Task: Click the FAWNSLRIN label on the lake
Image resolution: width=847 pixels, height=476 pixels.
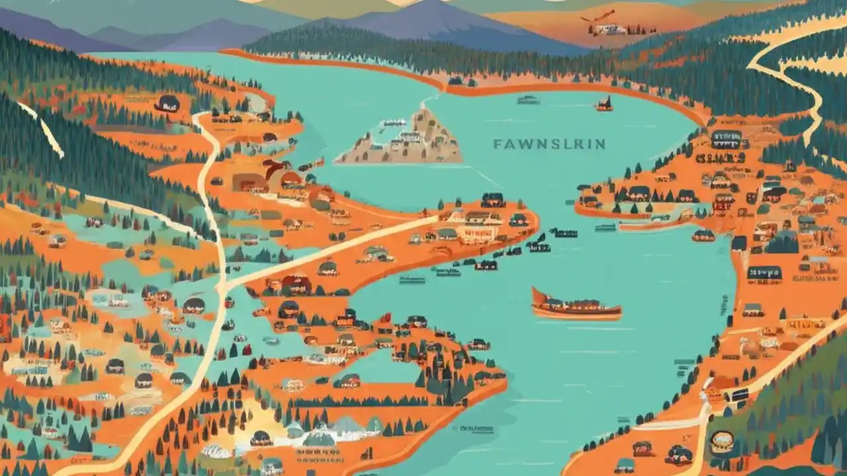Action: pos(549,144)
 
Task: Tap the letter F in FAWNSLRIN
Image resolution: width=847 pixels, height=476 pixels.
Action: pos(497,144)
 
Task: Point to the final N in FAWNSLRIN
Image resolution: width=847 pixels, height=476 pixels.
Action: pos(600,144)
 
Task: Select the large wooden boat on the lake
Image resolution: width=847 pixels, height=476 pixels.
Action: pos(576,305)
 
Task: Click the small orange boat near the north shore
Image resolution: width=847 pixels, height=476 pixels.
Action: pos(603,104)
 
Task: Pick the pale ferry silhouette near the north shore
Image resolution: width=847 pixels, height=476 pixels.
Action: pos(527,100)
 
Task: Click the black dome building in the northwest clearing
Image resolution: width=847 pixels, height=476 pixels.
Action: pos(167,103)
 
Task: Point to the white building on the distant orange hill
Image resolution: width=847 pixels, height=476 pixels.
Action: pos(609,29)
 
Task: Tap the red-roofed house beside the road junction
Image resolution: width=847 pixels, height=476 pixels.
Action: pos(296,284)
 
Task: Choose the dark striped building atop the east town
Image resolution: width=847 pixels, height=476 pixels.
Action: pos(726,139)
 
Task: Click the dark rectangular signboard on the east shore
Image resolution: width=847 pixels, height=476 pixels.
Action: pos(764,272)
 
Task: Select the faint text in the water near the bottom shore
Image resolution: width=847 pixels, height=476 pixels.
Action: pos(476,428)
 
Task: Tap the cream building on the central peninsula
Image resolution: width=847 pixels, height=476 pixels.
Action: pos(478,231)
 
